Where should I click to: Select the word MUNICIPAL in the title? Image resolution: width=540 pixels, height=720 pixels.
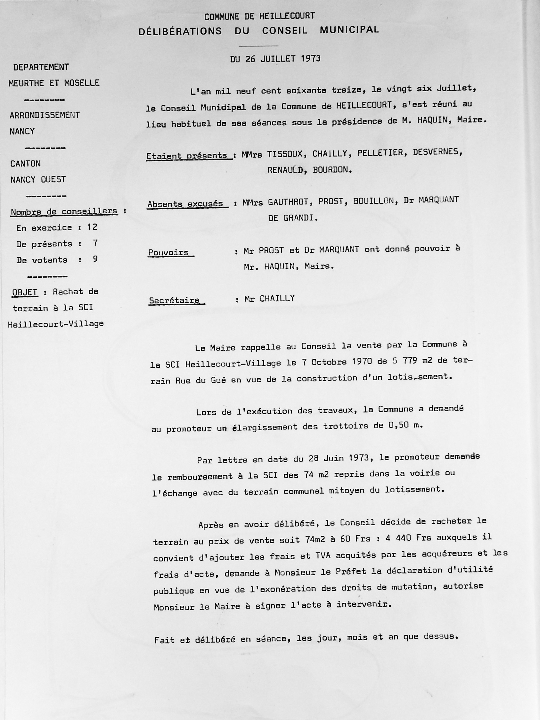[x=349, y=29]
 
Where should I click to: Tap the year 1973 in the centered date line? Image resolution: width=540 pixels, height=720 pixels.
[x=311, y=59]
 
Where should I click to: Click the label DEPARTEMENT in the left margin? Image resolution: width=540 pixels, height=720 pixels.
[x=41, y=67]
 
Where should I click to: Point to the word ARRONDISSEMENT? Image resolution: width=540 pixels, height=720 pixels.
[x=45, y=115]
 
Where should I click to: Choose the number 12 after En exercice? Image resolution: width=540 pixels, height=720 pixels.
[x=92, y=227]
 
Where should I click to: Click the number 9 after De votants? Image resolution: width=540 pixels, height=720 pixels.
[x=95, y=259]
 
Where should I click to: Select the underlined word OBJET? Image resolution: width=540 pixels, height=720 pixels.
[x=25, y=292]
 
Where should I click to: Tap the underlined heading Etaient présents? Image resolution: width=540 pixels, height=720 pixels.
[x=187, y=156]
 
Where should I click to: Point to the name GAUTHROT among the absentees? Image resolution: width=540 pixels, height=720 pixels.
[x=288, y=202]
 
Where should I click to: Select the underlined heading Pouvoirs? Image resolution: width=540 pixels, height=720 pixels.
[x=168, y=252]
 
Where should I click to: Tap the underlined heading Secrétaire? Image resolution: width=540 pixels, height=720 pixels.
[x=174, y=300]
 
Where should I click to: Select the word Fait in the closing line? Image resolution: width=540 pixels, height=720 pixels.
[x=164, y=640]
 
